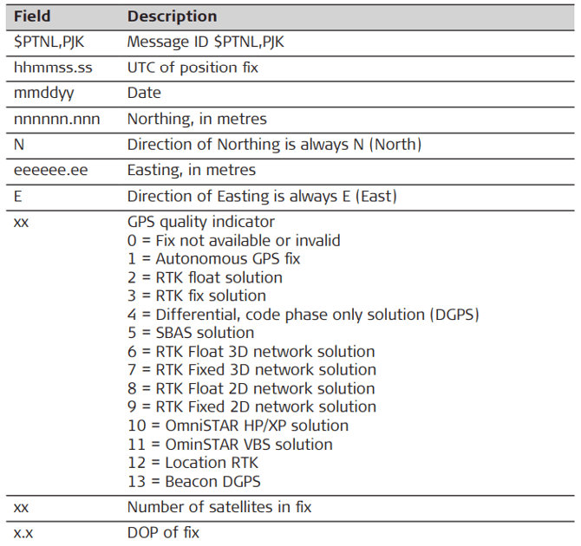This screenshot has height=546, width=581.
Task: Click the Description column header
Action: click(x=172, y=16)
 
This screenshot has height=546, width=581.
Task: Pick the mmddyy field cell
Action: click(x=39, y=93)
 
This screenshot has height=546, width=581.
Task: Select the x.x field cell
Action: click(x=23, y=532)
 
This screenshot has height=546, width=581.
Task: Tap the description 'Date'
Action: click(x=144, y=93)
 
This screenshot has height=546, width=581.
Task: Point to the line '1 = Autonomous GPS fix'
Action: click(x=216, y=259)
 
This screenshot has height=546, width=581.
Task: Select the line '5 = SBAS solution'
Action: click(x=191, y=333)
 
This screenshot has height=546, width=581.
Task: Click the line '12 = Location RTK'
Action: click(x=193, y=463)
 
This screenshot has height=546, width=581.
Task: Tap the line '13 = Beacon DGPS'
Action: click(x=193, y=481)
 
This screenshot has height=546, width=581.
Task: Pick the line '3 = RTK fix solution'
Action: click(x=197, y=296)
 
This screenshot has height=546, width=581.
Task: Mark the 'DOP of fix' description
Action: click(x=163, y=532)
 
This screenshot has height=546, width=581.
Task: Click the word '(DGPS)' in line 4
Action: click(x=451, y=315)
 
